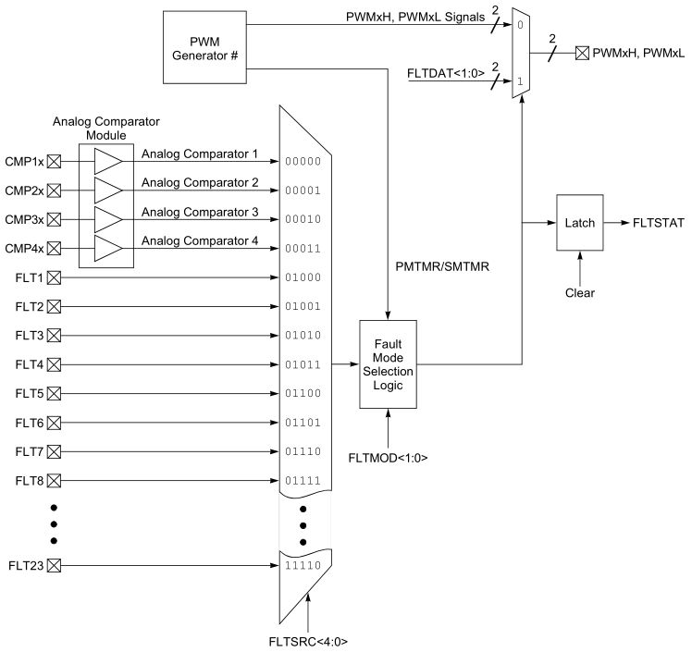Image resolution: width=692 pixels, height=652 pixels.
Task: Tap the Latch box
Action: [x=579, y=223]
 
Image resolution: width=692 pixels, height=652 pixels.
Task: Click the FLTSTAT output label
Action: [x=660, y=223]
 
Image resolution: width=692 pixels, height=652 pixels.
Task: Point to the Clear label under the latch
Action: [x=579, y=293]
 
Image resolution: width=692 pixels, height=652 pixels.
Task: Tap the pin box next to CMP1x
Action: [x=54, y=161]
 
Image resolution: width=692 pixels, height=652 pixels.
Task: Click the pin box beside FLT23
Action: [x=54, y=566]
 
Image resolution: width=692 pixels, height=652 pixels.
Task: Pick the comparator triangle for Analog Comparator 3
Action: [x=108, y=219]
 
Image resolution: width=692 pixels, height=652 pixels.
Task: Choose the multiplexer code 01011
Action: [x=303, y=364]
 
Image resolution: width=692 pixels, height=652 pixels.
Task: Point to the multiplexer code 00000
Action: [x=303, y=161]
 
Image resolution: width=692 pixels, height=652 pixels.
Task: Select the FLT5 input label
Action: [x=29, y=393]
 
